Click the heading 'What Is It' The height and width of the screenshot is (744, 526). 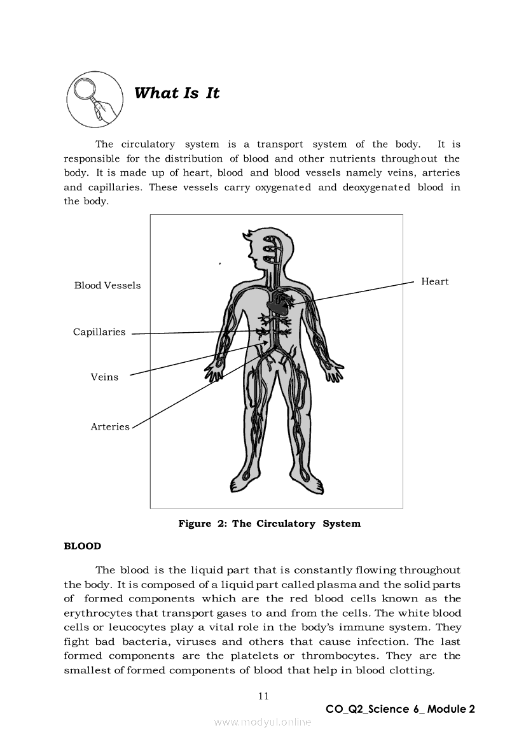tap(177, 93)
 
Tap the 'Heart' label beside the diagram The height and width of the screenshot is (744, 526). tap(434, 281)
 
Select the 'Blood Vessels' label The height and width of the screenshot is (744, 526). tap(107, 285)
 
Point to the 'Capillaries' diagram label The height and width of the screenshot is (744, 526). tap(99, 332)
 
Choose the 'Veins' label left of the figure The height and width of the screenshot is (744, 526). tap(104, 377)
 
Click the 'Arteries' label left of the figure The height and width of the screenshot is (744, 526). tap(110, 426)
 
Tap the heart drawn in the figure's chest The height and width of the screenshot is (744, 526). tap(277, 302)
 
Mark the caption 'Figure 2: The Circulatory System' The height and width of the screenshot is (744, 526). tap(269, 523)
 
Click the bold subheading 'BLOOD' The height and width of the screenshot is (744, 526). tap(83, 546)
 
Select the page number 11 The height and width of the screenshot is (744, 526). tap(263, 696)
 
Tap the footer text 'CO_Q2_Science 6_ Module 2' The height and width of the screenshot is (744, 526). tap(400, 709)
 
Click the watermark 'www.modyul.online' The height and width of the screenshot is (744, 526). tap(263, 722)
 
